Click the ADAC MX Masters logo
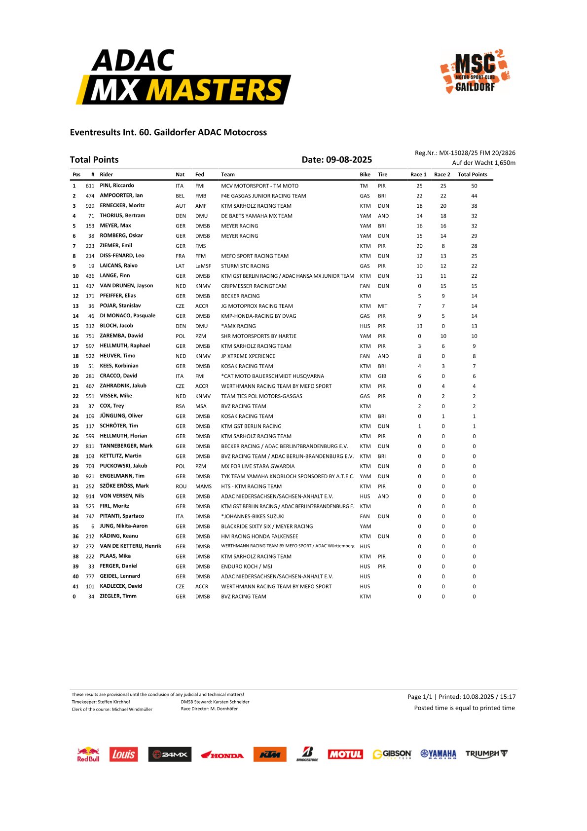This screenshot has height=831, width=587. pos(183,76)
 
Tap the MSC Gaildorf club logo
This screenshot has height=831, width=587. pos(475,72)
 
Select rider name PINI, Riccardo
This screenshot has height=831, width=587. pos(117,186)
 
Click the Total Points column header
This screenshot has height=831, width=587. pos(472,174)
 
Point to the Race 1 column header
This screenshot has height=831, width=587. pos(418,174)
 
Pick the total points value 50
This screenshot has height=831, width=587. pos(474,186)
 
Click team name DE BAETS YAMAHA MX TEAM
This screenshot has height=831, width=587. pos(257,216)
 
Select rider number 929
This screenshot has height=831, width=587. pos(90,206)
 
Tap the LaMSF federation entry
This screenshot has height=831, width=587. pos(203,266)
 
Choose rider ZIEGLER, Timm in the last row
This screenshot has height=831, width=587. pos(118,596)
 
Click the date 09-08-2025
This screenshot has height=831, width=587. pos(349,159)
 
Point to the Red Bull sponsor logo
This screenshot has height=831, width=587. pos(88,754)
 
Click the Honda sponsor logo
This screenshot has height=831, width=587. pos(222,755)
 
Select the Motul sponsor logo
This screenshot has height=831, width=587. pos(345,754)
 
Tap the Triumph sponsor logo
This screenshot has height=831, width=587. pos(486,754)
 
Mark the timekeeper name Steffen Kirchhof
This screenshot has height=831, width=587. pos(114,702)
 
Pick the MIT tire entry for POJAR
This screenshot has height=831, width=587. pos(382,306)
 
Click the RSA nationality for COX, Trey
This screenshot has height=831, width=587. pos(181,406)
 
